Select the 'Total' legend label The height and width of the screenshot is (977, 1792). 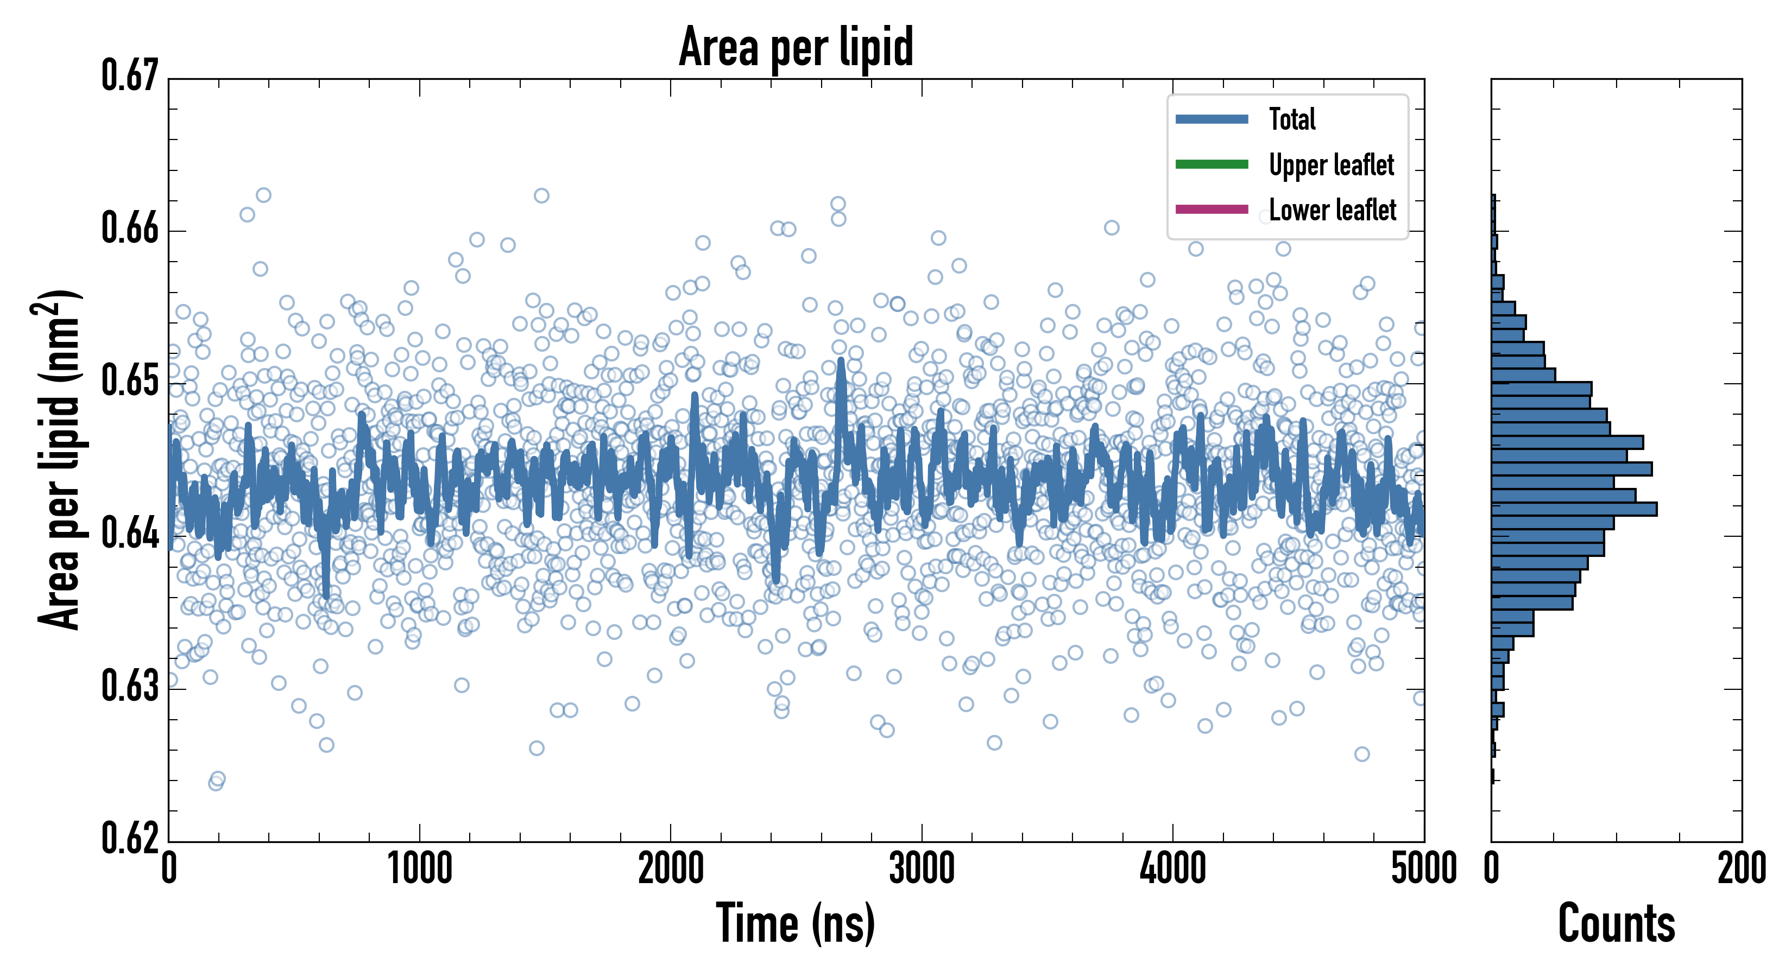tap(1292, 119)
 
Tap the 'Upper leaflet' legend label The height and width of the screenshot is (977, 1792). tap(1331, 165)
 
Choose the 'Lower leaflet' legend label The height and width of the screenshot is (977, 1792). tap(1332, 210)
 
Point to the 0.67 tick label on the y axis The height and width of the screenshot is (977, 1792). tap(130, 76)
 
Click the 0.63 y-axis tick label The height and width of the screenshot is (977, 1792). tap(130, 686)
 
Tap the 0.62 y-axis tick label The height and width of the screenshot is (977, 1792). tap(130, 838)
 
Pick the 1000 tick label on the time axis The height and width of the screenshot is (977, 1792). tap(419, 869)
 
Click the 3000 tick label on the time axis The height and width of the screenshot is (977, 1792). tap(922, 869)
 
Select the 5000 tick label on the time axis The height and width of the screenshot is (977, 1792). tap(1423, 869)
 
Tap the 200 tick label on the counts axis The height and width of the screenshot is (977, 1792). tap(1741, 869)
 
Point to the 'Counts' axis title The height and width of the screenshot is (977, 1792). tap(1616, 923)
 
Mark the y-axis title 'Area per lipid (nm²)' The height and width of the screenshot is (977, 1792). tap(59, 460)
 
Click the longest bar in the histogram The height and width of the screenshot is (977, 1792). tap(1574, 509)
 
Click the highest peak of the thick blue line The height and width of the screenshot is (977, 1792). tap(842, 361)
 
